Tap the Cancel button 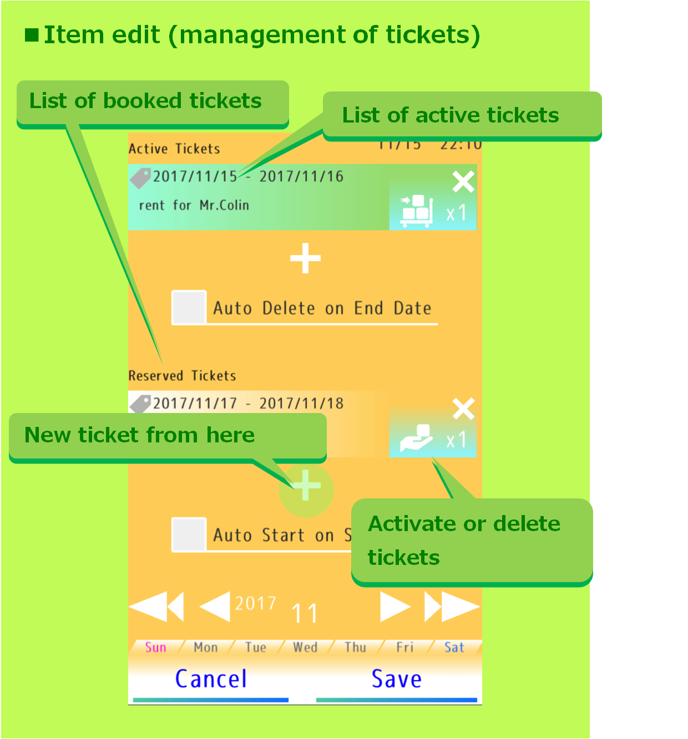pos(211,680)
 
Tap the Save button pos(396,680)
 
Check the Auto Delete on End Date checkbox pos(189,307)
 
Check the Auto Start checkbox pos(189,534)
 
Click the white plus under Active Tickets pos(305,258)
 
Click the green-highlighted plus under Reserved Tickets pos(306,486)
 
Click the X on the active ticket pos(463,181)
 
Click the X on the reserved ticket pos(463,409)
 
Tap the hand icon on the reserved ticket pos(417,439)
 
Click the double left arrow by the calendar pos(156,607)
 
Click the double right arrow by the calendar pos(452,607)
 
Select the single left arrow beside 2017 pos(215,607)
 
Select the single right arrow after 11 pos(394,607)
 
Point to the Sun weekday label pos(156,648)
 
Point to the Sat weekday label pos(454,648)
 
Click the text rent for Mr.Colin pos(194,206)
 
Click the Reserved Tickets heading pos(182,376)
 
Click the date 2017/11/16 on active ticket pos(301,177)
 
